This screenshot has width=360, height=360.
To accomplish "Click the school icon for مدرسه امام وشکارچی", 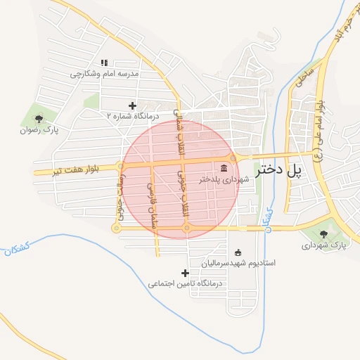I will click(104, 63).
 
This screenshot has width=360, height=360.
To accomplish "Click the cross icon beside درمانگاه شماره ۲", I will click(131, 105).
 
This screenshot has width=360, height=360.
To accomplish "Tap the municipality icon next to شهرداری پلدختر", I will click(224, 167).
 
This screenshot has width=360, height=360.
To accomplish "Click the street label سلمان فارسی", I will click(150, 203).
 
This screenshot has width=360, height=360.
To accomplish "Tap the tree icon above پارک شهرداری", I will click(324, 234).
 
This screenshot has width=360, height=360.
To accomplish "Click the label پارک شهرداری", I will click(325, 245).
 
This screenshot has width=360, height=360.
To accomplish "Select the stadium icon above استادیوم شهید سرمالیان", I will click(238, 252).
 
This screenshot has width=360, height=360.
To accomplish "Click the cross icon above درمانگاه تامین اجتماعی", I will click(185, 273).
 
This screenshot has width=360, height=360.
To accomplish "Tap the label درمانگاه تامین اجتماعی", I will click(185, 284).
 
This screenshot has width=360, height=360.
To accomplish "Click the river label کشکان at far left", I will click(15, 248).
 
